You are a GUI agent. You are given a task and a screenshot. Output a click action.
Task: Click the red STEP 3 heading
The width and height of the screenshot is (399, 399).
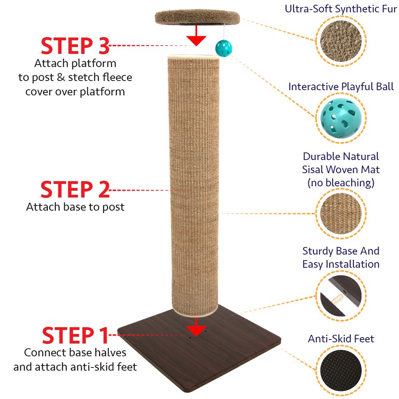point(75,46)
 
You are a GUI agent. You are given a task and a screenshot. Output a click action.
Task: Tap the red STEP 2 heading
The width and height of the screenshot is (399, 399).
point(75,189)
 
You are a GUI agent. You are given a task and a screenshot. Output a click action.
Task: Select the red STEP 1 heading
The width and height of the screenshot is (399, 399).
point(75,335)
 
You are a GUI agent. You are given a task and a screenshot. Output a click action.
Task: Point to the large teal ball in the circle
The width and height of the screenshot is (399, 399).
point(341,119)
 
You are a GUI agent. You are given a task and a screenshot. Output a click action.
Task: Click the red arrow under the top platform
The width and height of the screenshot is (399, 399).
point(196,36)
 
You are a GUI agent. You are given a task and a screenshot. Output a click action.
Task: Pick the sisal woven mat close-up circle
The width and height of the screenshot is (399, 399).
point(341,213)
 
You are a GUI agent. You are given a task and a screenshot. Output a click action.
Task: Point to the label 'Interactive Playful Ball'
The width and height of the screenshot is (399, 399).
point(341,87)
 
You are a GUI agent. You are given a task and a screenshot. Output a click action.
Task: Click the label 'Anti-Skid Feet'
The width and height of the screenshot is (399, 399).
point(341,339)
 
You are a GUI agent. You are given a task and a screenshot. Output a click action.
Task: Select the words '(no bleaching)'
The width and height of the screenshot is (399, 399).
point(341,183)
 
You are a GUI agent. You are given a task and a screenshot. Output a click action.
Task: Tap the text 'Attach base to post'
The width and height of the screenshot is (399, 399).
point(75,207)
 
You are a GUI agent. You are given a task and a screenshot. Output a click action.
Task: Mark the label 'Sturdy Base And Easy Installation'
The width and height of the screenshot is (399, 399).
point(341,257)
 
